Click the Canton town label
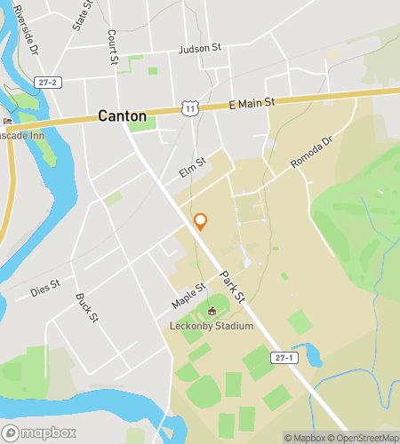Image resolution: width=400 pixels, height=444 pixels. pos(122,115)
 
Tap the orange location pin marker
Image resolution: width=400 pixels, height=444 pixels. pos(201,221)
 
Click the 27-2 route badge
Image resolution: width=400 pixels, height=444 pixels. pos(48,83)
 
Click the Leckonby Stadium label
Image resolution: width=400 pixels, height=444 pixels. pos(212,326)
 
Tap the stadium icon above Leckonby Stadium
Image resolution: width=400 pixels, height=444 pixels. pos(212,312)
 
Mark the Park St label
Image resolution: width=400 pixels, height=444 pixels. pos(234,287)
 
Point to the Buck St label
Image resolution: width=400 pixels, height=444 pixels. pos(85,308)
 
